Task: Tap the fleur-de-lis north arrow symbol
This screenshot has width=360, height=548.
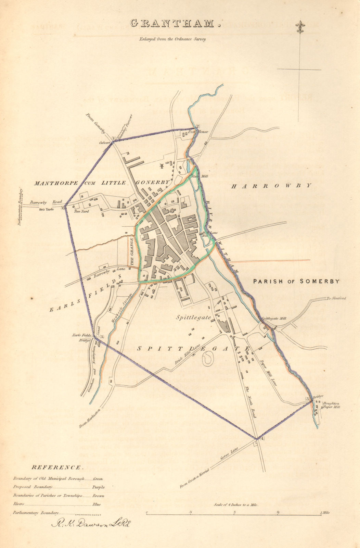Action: (x=300, y=27)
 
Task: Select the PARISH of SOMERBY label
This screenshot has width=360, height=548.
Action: (x=296, y=281)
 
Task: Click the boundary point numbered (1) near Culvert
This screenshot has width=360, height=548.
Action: (x=113, y=138)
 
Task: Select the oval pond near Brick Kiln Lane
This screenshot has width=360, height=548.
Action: (x=207, y=359)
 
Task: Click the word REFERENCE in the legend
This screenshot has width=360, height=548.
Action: (x=56, y=468)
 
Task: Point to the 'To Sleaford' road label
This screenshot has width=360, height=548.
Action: (x=336, y=298)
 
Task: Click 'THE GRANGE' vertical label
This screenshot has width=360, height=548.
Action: (x=131, y=251)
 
